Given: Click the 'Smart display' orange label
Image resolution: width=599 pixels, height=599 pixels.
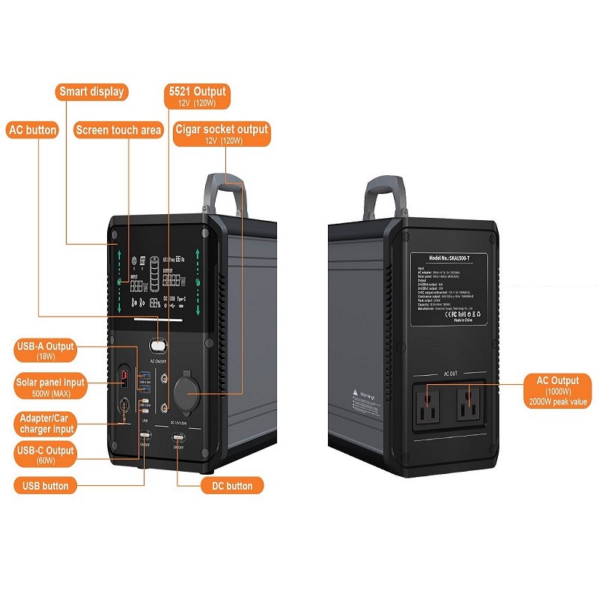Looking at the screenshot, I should [x=92, y=92].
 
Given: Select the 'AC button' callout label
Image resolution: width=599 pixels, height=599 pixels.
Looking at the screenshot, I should [x=32, y=130].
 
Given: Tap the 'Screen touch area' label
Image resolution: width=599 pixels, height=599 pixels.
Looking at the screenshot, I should [x=118, y=130].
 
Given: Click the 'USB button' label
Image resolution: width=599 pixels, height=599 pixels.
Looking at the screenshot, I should [x=45, y=485].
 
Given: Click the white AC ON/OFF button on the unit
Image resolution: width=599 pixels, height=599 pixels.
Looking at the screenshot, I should [x=158, y=346].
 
